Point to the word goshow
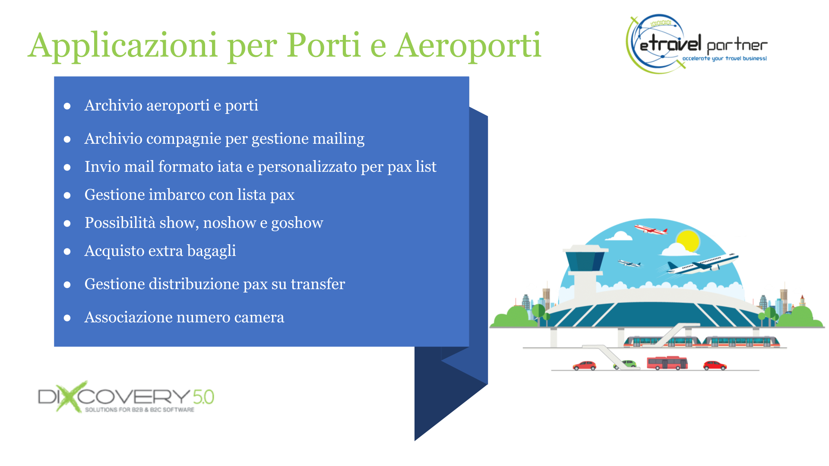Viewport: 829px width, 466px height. click(x=297, y=223)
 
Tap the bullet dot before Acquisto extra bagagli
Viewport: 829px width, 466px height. click(x=67, y=252)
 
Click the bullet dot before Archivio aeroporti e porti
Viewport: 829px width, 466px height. click(x=67, y=106)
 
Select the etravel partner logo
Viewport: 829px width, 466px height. click(x=696, y=44)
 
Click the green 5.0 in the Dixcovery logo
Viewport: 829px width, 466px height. click(x=203, y=397)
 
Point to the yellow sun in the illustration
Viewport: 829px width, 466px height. click(x=687, y=240)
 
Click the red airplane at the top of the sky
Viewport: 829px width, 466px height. click(x=651, y=229)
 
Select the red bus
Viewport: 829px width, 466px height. click(x=667, y=363)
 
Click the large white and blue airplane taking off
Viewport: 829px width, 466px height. click(x=702, y=263)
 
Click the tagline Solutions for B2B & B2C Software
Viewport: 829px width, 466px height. click(x=139, y=409)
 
